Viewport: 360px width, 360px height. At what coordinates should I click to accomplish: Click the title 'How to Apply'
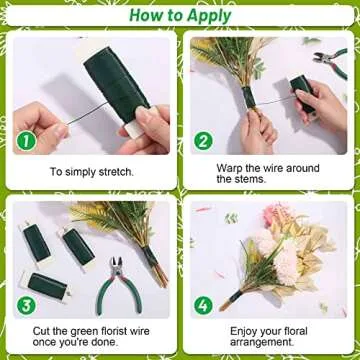click(180, 15)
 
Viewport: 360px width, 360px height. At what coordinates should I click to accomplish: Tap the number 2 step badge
click(203, 141)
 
